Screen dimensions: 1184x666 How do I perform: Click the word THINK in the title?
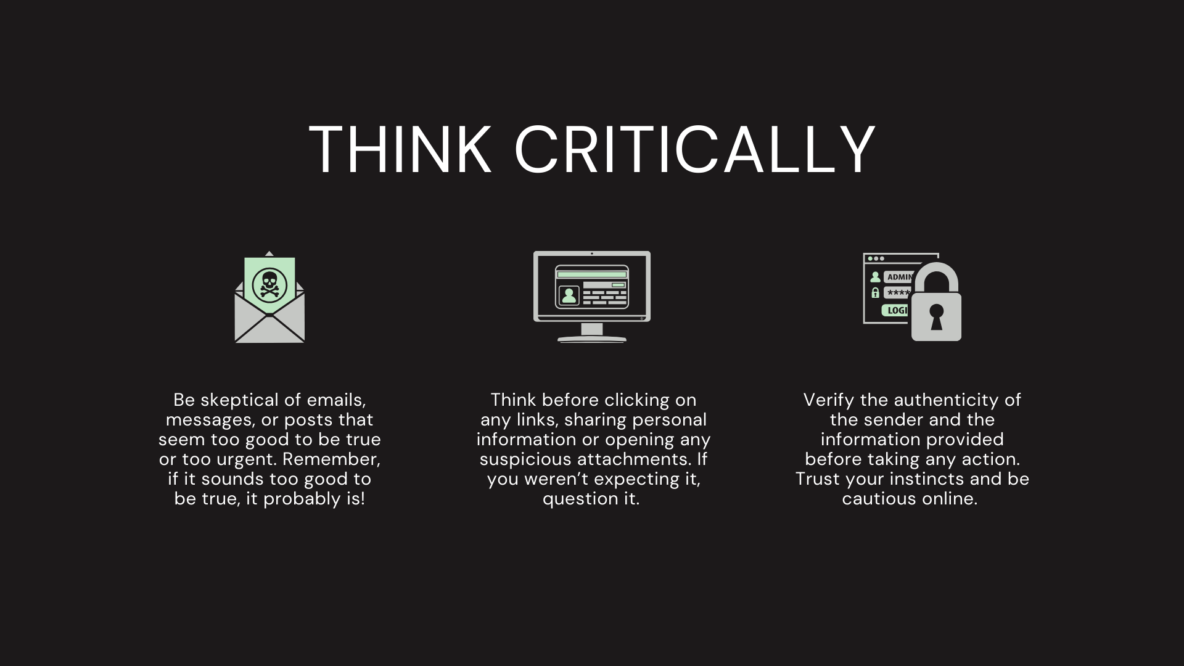click(400, 149)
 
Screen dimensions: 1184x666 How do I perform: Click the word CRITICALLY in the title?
click(695, 149)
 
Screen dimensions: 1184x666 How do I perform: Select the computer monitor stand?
click(592, 333)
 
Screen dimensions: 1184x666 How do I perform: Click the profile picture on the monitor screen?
click(569, 295)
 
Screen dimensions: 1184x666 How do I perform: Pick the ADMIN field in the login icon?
click(898, 277)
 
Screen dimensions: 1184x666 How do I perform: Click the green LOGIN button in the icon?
click(897, 310)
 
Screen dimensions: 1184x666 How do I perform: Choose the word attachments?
click(636, 459)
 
